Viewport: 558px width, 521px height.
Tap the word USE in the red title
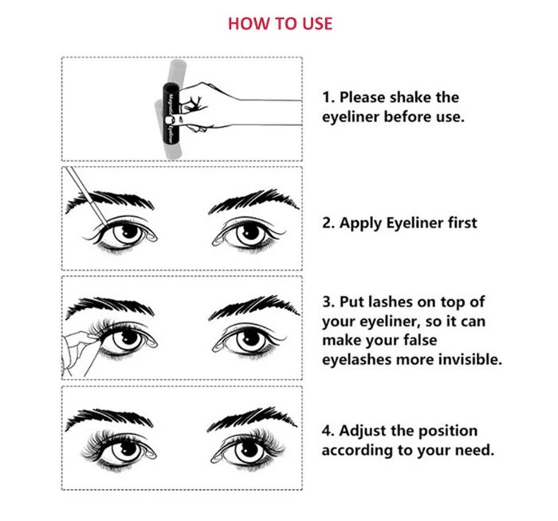[317, 24]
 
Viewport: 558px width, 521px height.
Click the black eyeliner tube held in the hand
[171, 112]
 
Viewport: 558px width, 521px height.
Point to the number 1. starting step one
[328, 97]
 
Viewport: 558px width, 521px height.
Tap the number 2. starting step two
[328, 223]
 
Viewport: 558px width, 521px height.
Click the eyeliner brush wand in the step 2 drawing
[87, 196]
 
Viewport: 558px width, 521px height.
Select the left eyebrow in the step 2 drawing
[110, 201]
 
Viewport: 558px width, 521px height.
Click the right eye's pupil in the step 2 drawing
[250, 232]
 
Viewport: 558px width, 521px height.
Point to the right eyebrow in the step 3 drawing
[253, 307]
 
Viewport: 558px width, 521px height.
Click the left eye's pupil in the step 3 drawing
[129, 337]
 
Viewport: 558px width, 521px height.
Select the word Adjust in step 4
[362, 432]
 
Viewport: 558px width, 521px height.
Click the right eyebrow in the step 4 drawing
[252, 418]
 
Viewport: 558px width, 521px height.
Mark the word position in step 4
[448, 432]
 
